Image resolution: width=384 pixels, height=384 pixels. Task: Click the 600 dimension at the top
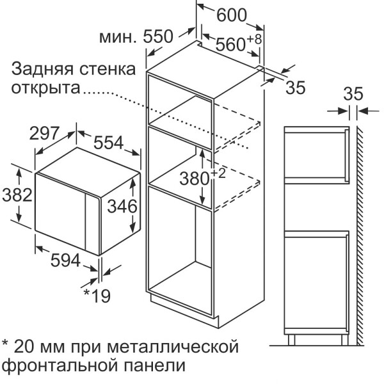click(232, 15)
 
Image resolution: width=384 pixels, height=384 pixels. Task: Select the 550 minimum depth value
click(158, 36)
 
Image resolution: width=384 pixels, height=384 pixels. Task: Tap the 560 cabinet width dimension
click(230, 44)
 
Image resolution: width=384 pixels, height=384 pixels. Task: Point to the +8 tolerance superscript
click(254, 39)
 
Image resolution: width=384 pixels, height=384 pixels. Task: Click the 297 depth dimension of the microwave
click(44, 133)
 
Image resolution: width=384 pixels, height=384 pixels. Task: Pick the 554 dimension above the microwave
click(109, 143)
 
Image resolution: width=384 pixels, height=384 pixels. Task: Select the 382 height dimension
click(17, 195)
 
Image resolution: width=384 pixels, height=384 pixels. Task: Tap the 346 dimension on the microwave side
click(122, 206)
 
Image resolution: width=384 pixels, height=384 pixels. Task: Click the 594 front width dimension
click(65, 260)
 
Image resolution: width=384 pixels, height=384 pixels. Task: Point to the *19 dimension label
click(97, 296)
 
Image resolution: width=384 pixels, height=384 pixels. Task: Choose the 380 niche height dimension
click(195, 179)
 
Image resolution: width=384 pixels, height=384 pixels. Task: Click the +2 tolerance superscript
click(218, 173)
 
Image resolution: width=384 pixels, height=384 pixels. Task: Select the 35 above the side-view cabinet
click(353, 94)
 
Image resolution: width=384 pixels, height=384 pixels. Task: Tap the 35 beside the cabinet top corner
click(296, 88)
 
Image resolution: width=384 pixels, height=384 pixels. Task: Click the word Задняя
click(42, 69)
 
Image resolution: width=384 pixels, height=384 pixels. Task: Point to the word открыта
click(45, 88)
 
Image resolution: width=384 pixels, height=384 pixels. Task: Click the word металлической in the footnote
click(173, 346)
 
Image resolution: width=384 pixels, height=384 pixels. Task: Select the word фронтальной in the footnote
click(61, 366)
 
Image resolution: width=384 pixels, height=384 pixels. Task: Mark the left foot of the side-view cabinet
click(291, 340)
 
